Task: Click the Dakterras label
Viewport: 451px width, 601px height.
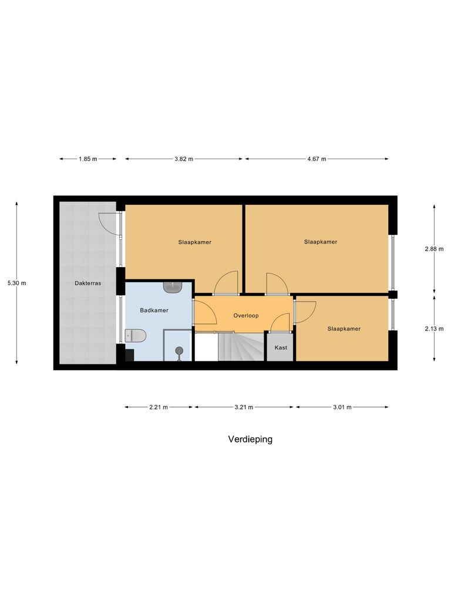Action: (x=88, y=283)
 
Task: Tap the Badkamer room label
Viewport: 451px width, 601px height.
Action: (x=154, y=310)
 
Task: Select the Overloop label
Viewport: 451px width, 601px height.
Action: (x=246, y=315)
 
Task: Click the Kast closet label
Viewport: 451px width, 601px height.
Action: (x=281, y=347)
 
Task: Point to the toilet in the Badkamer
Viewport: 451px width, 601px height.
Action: (x=136, y=336)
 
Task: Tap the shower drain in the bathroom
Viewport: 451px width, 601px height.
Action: (x=179, y=351)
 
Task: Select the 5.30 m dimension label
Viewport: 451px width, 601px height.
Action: (x=16, y=283)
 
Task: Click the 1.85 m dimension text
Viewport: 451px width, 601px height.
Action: (x=87, y=159)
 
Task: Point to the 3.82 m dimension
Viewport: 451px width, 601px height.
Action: (x=184, y=159)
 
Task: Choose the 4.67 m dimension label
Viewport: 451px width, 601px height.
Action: (x=317, y=159)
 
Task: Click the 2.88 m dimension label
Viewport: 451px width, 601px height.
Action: (x=435, y=249)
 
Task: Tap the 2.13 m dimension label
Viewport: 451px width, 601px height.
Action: (x=435, y=329)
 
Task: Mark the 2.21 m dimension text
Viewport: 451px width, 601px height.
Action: (x=159, y=407)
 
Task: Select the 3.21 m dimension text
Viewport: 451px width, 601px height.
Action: (x=244, y=407)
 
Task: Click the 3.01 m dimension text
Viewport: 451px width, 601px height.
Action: (x=342, y=407)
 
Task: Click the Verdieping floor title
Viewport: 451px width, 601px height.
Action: (x=250, y=439)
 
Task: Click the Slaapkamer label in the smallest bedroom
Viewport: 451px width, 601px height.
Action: (x=344, y=329)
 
